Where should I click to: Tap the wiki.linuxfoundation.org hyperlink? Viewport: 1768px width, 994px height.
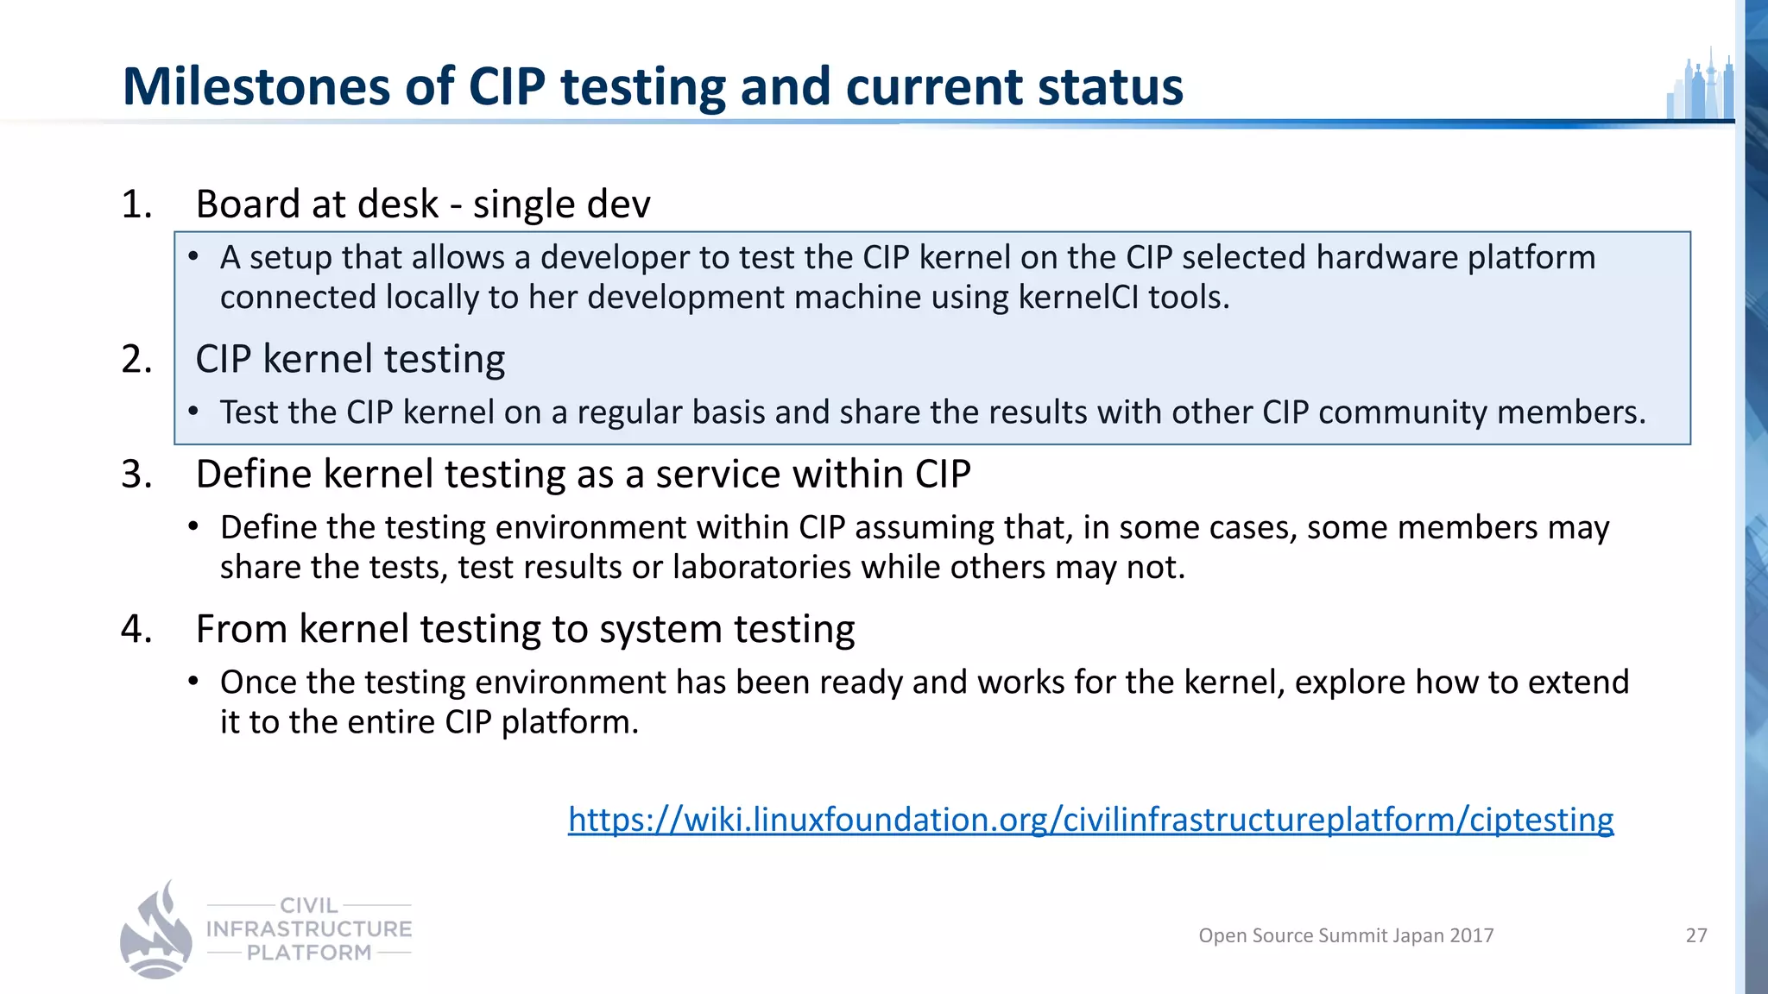pos(1090,819)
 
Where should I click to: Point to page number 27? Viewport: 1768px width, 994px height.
pos(1695,935)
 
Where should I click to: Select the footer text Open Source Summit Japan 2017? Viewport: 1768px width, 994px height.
pos(1346,935)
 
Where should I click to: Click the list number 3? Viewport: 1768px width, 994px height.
pos(136,474)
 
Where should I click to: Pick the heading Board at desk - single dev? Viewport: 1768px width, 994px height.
pos(423,204)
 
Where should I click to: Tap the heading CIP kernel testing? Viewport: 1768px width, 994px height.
pos(350,359)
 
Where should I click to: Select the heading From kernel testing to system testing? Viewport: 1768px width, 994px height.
pos(525,629)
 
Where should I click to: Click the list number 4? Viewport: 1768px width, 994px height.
pos(136,629)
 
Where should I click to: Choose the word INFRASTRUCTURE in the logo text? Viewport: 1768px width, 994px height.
pos(309,929)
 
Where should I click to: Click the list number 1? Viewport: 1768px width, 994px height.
pos(136,204)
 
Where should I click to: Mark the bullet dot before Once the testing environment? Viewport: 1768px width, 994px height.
pos(194,682)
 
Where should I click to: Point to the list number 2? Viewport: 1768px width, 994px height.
pos(136,359)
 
